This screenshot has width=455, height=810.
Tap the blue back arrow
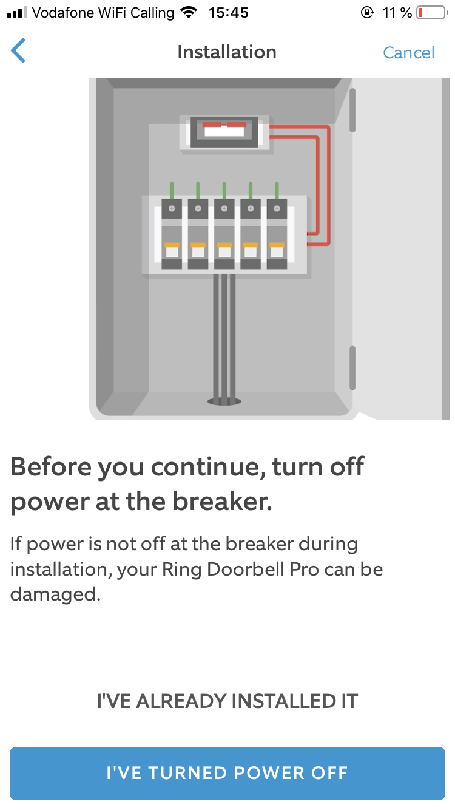tap(18, 50)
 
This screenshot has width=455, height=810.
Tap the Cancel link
tap(408, 53)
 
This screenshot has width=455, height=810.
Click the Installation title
tap(227, 52)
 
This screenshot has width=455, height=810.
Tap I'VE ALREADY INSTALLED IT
tap(227, 701)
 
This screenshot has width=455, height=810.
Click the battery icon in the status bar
tap(432, 13)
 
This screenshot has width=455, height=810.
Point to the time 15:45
tap(228, 13)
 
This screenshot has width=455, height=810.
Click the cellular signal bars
tap(17, 13)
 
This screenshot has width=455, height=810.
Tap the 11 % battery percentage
tap(397, 13)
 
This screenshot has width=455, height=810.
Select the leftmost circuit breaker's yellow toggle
tap(172, 245)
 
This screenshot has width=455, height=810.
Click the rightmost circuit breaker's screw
tap(277, 209)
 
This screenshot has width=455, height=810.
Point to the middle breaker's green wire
tap(224, 190)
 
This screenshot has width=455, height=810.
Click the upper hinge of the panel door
tap(352, 111)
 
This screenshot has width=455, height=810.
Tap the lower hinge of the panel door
tap(352, 368)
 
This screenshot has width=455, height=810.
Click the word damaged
tap(55, 594)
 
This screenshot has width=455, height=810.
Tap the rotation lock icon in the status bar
tap(367, 13)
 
